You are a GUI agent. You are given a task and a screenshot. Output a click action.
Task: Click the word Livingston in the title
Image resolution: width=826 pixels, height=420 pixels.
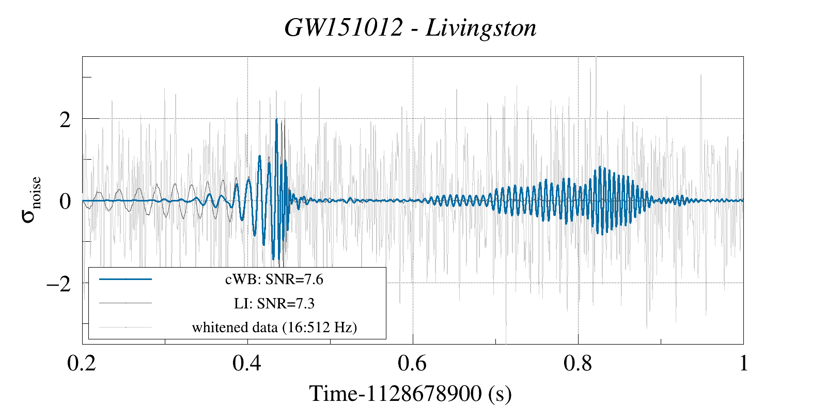pos(481,28)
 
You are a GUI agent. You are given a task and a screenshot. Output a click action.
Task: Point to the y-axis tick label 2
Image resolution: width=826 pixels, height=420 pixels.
pos(65,120)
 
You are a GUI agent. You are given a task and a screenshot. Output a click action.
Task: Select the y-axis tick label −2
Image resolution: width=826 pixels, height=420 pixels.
pos(58,284)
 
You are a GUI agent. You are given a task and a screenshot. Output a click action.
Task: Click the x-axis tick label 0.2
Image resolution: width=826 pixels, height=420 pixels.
pos(82,364)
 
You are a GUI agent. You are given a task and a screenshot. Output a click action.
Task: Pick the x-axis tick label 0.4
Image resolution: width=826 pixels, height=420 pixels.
pos(247,364)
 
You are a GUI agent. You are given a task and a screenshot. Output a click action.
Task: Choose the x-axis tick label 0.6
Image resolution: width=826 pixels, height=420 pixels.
pos(413,364)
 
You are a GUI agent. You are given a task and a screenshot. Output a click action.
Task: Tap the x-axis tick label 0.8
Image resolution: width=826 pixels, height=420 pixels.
pos(578,364)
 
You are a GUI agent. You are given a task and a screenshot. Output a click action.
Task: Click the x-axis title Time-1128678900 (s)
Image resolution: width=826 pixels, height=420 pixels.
pos(410,394)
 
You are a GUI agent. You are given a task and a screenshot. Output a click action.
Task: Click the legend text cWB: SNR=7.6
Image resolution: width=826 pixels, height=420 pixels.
pos(274,279)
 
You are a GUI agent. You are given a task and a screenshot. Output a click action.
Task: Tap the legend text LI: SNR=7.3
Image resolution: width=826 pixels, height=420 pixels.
pos(274,303)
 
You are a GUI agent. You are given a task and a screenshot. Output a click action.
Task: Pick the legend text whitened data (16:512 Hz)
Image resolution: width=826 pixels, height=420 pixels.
pos(274,328)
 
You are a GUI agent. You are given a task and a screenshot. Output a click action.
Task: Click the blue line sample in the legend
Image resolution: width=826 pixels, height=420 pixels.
pos(126,279)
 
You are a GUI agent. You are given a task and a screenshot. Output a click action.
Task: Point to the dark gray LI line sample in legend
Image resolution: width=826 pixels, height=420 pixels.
pos(126,303)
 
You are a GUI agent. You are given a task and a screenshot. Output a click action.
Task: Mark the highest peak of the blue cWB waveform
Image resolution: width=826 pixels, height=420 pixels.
pos(277,120)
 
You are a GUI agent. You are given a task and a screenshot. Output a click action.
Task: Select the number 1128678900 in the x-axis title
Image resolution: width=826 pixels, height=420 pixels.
pos(424,394)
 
